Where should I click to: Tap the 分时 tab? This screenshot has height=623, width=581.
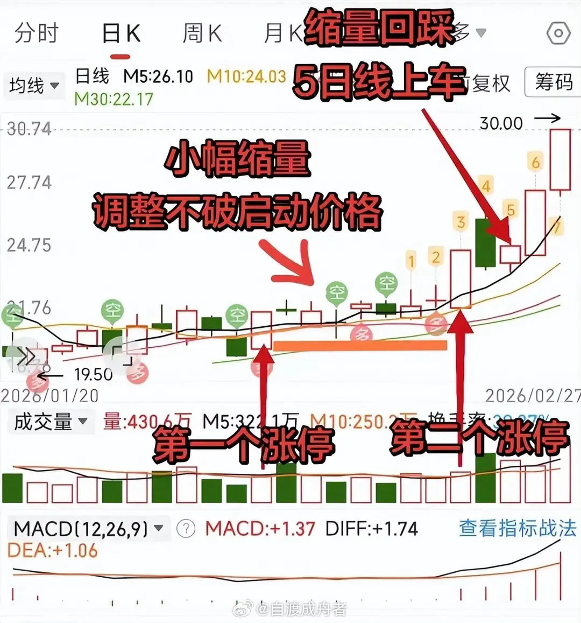click(36, 33)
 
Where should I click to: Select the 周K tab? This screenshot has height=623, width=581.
click(202, 33)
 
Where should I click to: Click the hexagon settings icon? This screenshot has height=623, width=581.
click(558, 34)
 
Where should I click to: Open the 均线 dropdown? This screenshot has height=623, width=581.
click(34, 85)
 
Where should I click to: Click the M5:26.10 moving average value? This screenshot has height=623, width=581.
click(158, 76)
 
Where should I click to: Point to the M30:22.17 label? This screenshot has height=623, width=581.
click(114, 99)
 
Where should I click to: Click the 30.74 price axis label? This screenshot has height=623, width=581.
click(29, 129)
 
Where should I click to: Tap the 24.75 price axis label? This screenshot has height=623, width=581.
click(29, 246)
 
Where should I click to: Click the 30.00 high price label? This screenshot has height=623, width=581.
click(501, 123)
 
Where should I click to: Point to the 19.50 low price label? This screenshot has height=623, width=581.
click(93, 374)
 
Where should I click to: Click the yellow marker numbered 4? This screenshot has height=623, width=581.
click(486, 186)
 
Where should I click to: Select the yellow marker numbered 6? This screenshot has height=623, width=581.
click(535, 162)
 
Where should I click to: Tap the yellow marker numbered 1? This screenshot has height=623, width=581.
click(411, 262)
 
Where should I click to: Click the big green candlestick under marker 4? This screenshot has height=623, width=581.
click(485, 242)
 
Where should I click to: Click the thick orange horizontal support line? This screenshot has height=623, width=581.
click(360, 346)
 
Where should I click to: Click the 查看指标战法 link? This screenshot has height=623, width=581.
click(517, 528)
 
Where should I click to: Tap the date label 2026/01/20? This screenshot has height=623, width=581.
click(49, 396)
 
